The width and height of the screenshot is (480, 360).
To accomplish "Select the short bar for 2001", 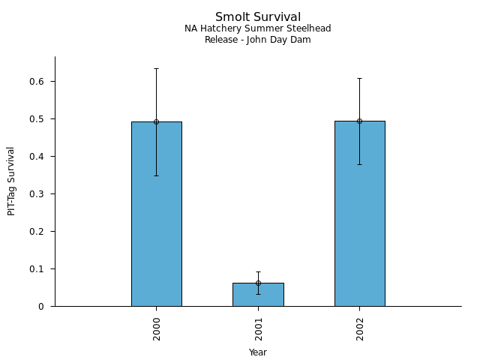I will click(258, 295).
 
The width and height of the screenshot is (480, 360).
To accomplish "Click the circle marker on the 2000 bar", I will click(156, 121).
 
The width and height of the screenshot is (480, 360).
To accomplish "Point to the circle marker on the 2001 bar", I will click(258, 283).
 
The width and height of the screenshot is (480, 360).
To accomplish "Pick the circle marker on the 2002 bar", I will click(359, 121).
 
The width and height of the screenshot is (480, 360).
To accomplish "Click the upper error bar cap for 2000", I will click(156, 68).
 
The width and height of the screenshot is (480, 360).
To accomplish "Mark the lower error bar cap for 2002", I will click(359, 164).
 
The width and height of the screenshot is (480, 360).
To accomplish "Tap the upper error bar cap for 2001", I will click(258, 271).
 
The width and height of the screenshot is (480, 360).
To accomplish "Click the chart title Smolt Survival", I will click(258, 17).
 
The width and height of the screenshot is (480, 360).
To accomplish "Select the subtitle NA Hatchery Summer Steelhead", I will click(258, 28).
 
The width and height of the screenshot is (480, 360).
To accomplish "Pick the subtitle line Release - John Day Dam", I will click(258, 40).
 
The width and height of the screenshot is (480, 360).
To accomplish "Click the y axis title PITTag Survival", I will click(11, 181).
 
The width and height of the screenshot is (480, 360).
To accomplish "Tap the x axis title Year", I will click(258, 352).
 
